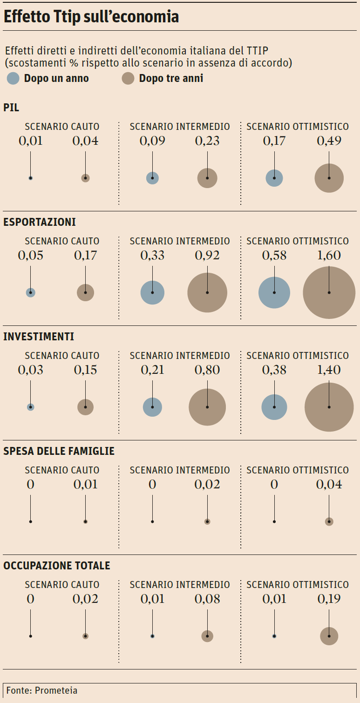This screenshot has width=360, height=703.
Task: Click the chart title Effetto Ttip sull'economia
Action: click(x=91, y=17)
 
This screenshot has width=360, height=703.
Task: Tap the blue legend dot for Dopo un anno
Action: click(x=14, y=78)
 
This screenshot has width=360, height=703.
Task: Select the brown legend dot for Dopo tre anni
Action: click(x=128, y=78)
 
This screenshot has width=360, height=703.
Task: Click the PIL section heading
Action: click(x=11, y=108)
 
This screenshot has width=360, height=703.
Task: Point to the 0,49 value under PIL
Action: click(x=329, y=141)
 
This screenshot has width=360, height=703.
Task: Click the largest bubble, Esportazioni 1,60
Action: click(x=329, y=292)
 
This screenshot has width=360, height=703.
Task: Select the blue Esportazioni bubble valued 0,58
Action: click(x=274, y=292)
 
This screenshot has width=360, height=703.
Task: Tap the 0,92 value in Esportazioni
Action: click(x=207, y=255)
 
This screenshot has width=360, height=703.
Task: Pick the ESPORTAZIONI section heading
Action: click(x=40, y=222)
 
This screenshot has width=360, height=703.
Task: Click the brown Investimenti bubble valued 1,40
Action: click(x=329, y=407)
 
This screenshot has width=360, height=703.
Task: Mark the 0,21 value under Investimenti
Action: click(x=152, y=370)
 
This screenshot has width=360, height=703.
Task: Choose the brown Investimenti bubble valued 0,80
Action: click(x=207, y=407)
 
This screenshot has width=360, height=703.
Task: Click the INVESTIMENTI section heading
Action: click(x=39, y=337)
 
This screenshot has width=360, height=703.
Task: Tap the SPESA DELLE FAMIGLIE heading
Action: click(x=59, y=451)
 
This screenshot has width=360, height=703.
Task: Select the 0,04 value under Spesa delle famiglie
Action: click(x=329, y=484)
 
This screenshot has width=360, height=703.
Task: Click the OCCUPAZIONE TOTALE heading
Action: click(x=57, y=566)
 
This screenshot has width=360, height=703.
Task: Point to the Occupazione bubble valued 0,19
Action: click(x=329, y=636)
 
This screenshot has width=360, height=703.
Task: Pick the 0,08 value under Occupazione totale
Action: click(x=207, y=599)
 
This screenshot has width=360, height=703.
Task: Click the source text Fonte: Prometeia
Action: click(x=42, y=690)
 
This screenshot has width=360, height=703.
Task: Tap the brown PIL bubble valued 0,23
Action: click(x=207, y=178)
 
